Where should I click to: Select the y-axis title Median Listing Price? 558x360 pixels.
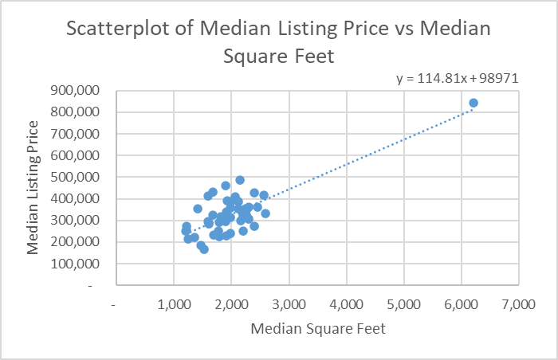coord(33,187)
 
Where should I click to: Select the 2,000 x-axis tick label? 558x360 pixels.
coord(231,304)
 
